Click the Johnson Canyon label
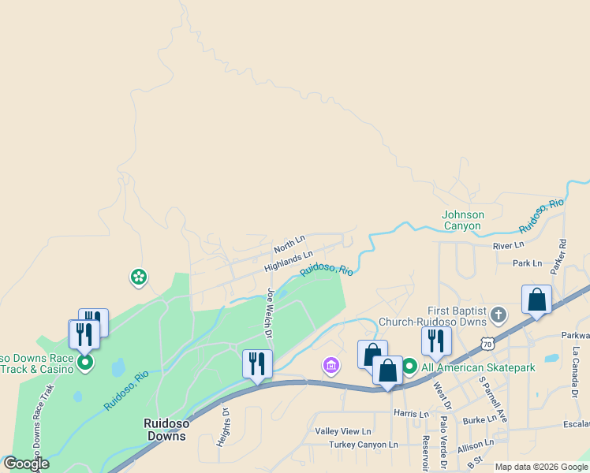pos(462,220)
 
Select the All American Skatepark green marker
pos(409,367)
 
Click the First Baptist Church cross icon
pos(498,316)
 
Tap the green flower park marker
pos(139,277)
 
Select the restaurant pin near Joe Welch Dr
pos(257,364)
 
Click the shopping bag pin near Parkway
pos(536,300)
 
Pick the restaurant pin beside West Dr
pos(436,341)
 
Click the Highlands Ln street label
pos(289,261)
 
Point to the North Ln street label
pos(289,244)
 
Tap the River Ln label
pos(508,246)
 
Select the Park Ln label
pos(527,263)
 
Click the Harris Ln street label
pos(410,414)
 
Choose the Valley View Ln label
pos(343,431)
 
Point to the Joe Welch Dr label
pos(270,313)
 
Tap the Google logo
pos(26,464)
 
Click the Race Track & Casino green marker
pos(85,363)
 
